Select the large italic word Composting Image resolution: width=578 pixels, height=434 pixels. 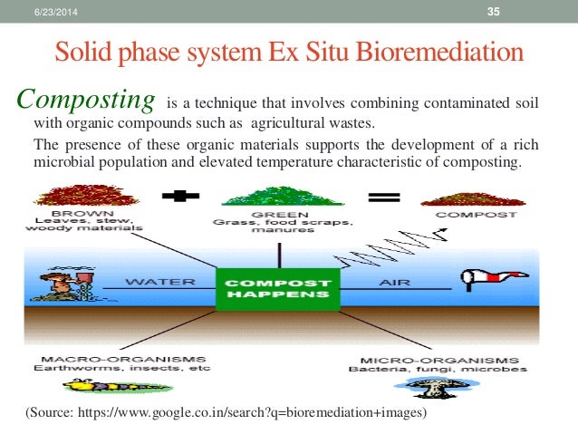(87, 98)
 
